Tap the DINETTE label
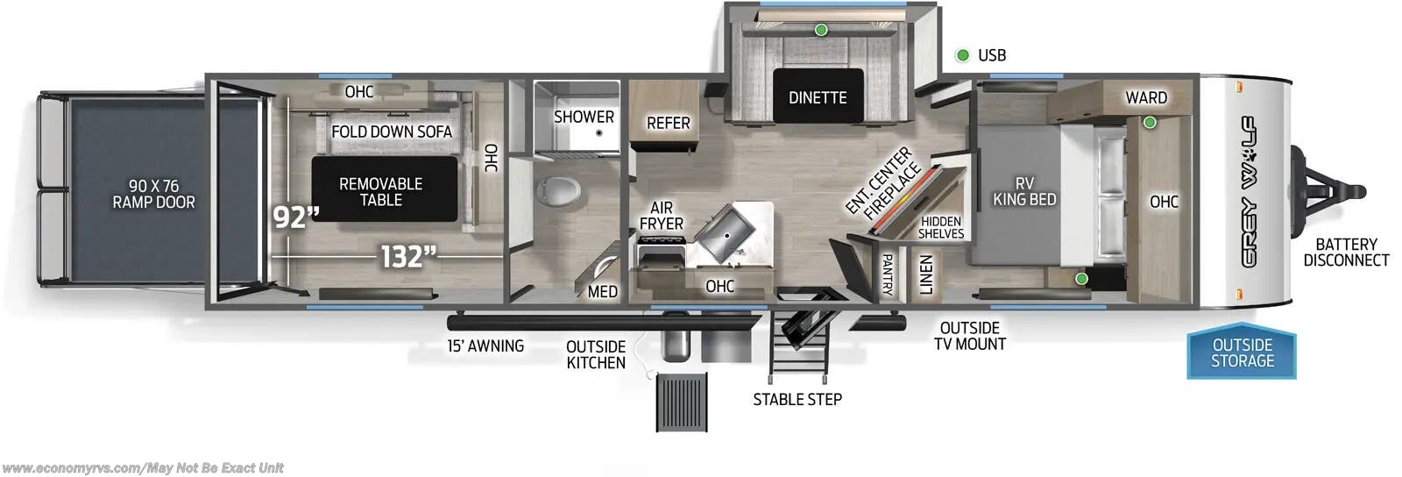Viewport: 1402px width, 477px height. pos(818,97)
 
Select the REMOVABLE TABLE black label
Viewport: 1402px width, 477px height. pos(381,191)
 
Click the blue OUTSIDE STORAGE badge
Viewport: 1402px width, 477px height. pos(1242,353)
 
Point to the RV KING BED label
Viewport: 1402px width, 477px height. pos(1023,191)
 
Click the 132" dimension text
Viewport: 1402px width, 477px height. pos(407,257)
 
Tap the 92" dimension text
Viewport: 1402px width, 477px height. pos(294,217)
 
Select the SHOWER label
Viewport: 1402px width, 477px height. pos(584,117)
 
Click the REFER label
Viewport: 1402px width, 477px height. pos(668,124)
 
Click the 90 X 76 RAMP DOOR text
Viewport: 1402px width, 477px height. pos(153,194)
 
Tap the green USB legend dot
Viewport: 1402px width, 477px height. pos(962,55)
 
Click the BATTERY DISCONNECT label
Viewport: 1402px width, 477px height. pos(1346,253)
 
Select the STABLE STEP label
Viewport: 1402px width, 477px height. pos(797,400)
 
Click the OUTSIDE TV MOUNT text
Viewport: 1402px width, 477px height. pos(969,336)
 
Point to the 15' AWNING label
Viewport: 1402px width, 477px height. pos(485,346)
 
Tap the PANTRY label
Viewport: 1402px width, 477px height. pos(887,274)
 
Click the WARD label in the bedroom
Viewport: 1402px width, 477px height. pos(1146,97)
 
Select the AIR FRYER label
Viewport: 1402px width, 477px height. pos(662,216)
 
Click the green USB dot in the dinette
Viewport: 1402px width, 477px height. pos(821,30)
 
